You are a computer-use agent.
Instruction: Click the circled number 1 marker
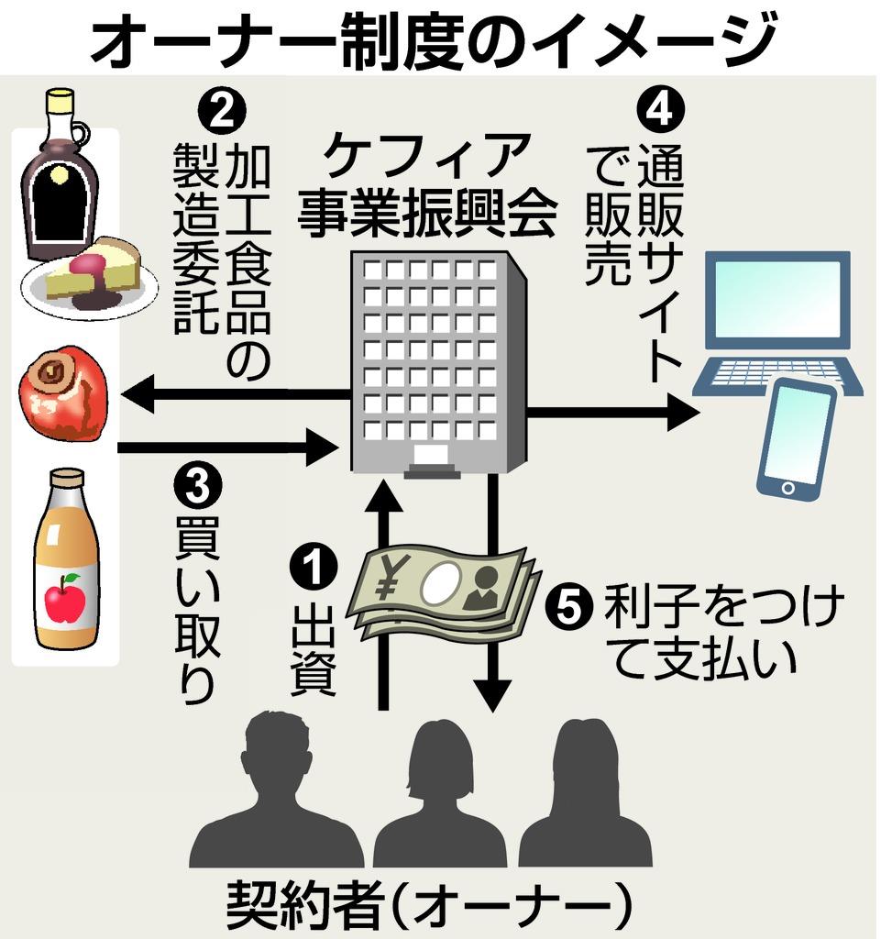point(314,566)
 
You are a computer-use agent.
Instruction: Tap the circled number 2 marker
point(222,111)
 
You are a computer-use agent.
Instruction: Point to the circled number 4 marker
point(660,109)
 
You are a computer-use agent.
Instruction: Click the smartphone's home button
point(787,488)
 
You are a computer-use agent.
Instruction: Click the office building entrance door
point(432,458)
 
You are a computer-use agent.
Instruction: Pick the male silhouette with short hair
point(277,790)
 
